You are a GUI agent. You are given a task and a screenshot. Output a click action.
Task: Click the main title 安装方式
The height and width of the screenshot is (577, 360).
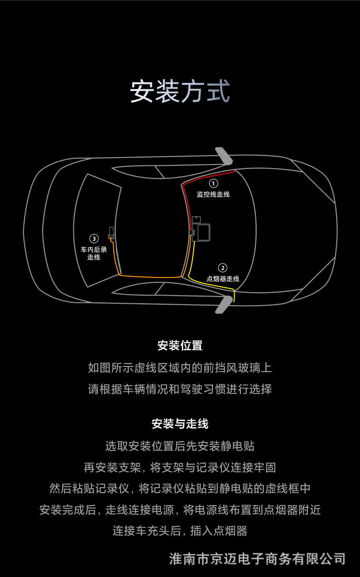click(180, 91)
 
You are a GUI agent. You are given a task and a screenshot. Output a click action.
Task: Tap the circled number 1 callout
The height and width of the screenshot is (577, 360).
click(213, 184)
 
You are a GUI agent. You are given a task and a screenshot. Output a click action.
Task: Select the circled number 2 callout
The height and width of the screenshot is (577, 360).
click(223, 268)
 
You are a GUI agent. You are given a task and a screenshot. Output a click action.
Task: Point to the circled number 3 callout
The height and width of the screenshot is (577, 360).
click(94, 239)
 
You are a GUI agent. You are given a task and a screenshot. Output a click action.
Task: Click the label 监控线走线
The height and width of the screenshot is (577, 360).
click(213, 194)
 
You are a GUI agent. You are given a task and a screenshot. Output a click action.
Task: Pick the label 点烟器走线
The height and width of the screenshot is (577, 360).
click(223, 279)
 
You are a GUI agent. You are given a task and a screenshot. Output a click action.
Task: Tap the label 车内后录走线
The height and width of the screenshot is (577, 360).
click(93, 253)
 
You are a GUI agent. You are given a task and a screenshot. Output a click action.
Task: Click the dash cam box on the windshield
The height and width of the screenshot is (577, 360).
click(201, 232)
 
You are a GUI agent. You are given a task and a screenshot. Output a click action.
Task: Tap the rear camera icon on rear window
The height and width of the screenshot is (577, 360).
click(111, 233)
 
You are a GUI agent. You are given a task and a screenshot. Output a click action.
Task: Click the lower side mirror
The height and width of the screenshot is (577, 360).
click(224, 305)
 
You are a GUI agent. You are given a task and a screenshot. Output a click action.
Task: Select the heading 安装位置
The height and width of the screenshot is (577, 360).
click(180, 345)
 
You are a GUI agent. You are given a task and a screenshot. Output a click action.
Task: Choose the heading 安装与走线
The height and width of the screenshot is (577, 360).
click(180, 424)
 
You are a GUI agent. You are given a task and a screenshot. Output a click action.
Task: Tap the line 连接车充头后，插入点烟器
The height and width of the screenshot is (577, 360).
click(180, 531)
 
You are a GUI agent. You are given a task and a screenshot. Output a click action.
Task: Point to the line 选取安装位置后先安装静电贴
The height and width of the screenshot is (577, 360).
click(180, 446)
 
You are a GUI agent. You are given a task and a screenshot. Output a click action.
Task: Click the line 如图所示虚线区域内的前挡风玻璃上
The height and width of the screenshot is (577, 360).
click(180, 368)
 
